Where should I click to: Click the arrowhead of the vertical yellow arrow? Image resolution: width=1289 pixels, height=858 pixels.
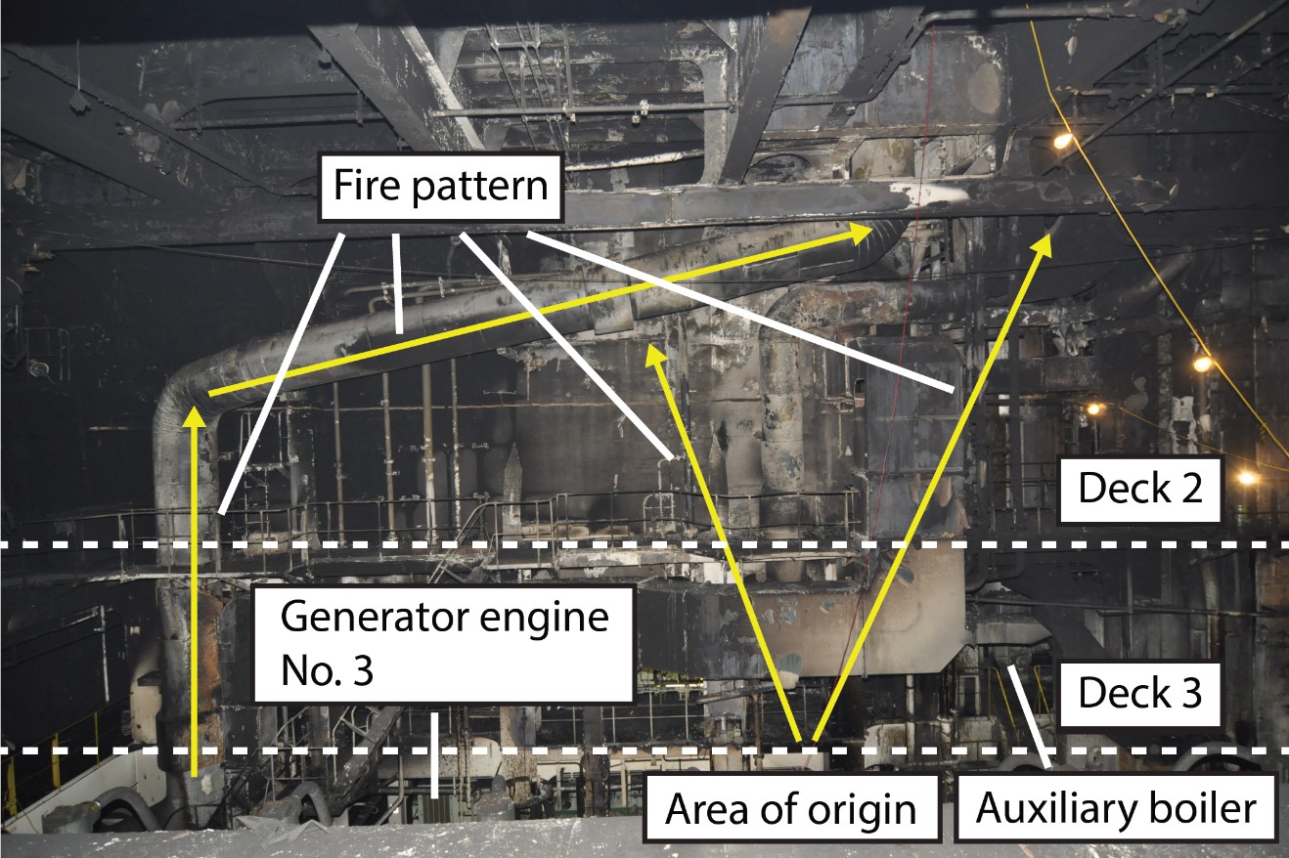coord(197,414)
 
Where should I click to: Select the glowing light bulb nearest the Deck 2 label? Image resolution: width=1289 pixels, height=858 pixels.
coord(1247,478)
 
